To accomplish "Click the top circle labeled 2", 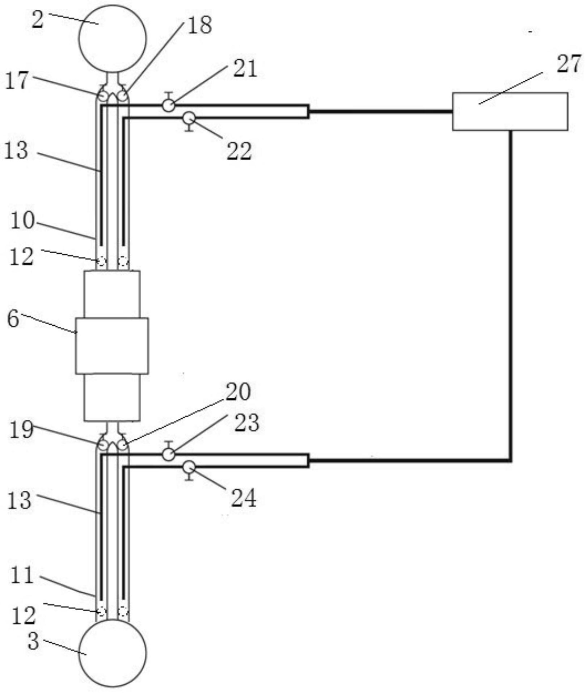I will [x=113, y=39].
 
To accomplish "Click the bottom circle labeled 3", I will [x=113, y=653].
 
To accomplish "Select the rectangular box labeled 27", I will [x=510, y=111].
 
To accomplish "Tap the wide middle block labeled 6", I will [x=112, y=346].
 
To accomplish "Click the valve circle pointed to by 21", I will [x=168, y=105].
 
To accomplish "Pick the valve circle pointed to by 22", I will [x=189, y=118].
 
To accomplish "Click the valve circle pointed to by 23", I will [x=168, y=455].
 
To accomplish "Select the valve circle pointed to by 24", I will [x=189, y=467].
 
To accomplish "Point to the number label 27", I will [x=569, y=64].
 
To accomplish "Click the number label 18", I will [x=199, y=26].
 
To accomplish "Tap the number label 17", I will [x=17, y=81].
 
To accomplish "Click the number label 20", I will [x=238, y=392].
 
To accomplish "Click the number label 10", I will [x=22, y=221].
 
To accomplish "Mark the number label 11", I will [x=22, y=575].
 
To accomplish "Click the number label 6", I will [x=13, y=320].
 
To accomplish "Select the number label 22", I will [x=239, y=151].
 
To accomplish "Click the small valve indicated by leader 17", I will [x=103, y=96].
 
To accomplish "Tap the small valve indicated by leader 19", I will [x=103, y=444].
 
